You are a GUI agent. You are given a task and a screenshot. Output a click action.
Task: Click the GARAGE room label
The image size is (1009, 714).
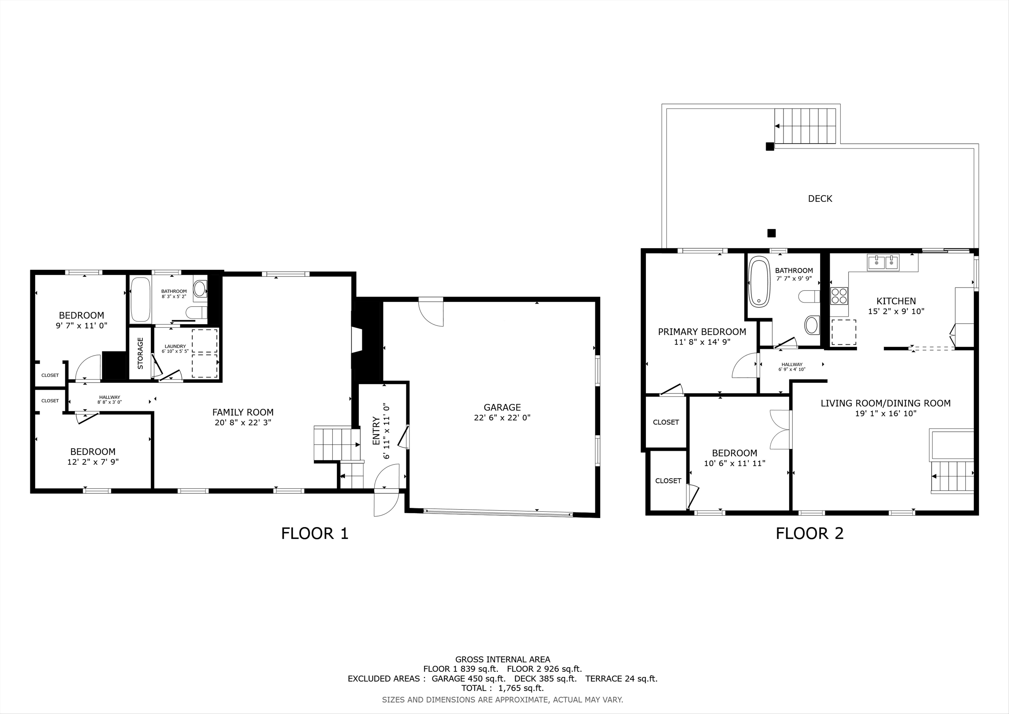click(x=502, y=408)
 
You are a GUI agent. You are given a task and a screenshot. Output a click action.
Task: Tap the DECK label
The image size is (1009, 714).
click(x=820, y=199)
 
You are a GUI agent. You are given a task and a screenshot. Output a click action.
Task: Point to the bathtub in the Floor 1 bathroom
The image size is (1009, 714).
click(x=141, y=299)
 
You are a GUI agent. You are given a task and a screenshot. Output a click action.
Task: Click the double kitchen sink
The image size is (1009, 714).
click(x=883, y=262)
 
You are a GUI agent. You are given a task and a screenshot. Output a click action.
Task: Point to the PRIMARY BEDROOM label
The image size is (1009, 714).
click(x=702, y=332)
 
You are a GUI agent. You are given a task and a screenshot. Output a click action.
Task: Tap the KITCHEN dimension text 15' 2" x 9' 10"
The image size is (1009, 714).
click(x=896, y=311)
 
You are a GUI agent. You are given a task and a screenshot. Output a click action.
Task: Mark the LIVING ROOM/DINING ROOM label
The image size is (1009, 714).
click(x=885, y=403)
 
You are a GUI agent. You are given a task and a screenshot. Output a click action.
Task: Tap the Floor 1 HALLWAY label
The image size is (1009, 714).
click(x=109, y=398)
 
